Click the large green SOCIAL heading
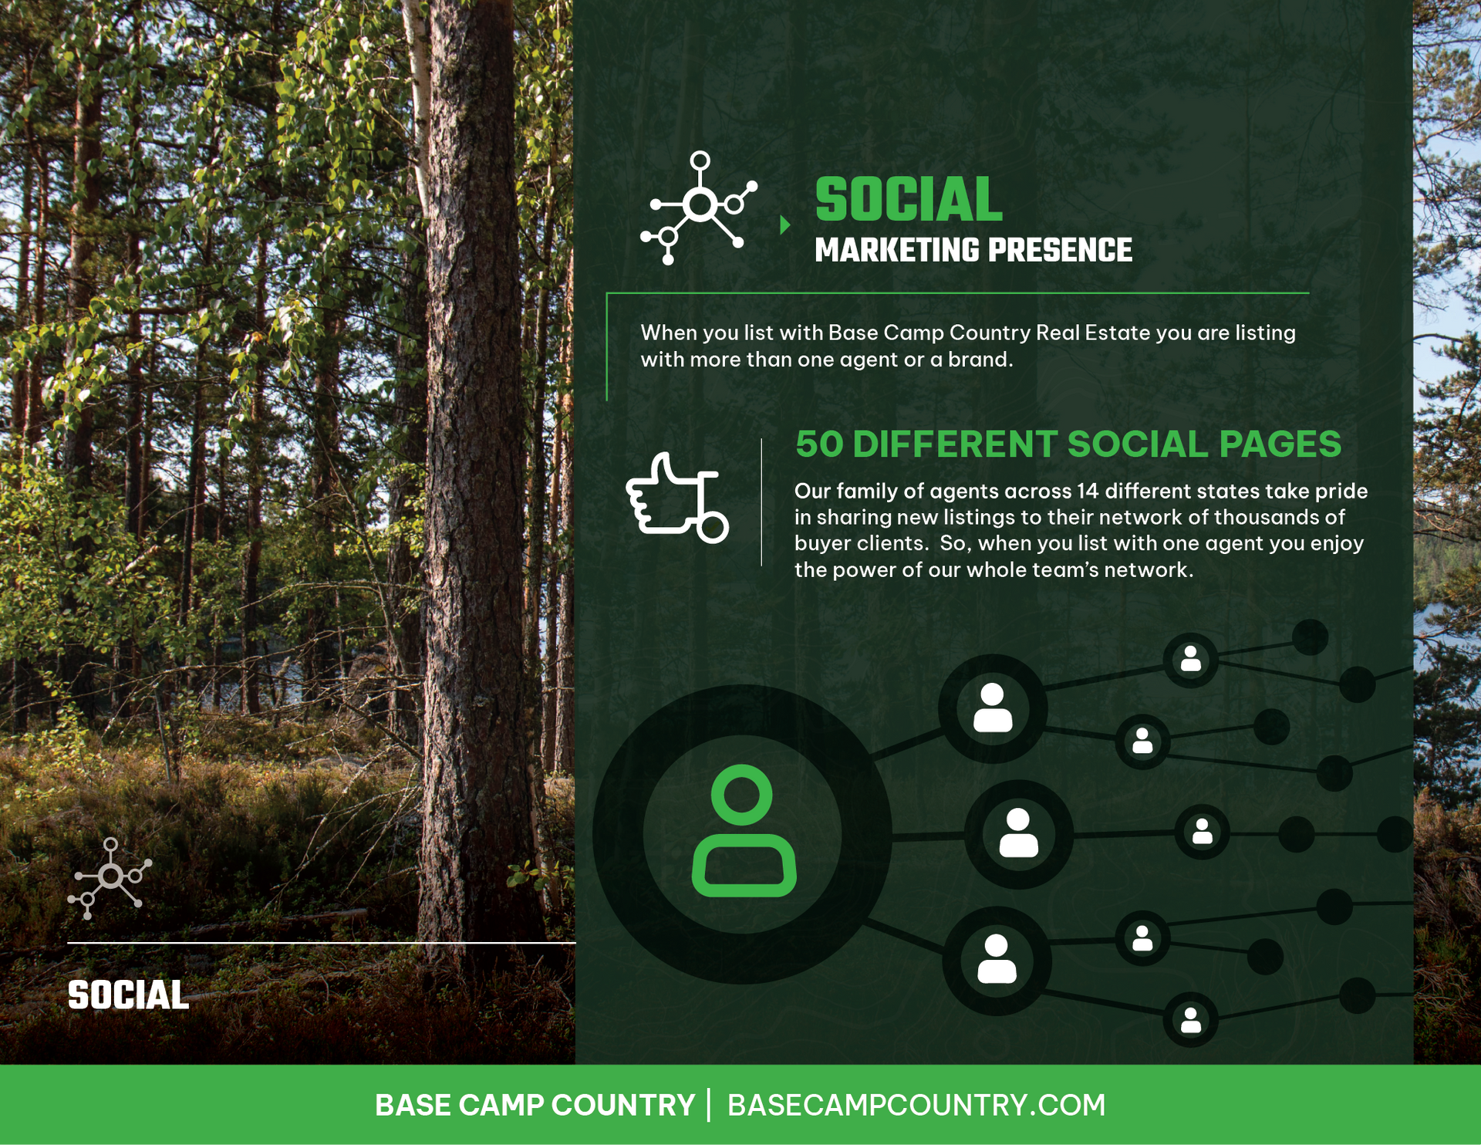pyautogui.click(x=909, y=200)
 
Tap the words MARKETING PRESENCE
pyautogui.click(x=973, y=251)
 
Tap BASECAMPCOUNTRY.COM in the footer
pyautogui.click(x=916, y=1105)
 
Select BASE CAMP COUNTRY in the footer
pyautogui.click(x=535, y=1105)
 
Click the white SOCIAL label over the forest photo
pyautogui.click(x=128, y=995)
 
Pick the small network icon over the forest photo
pyautogui.click(x=110, y=878)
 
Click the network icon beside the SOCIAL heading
pyautogui.click(x=697, y=207)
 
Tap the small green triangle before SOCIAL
pyautogui.click(x=784, y=225)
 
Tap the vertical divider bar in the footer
pyautogui.click(x=710, y=1105)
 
